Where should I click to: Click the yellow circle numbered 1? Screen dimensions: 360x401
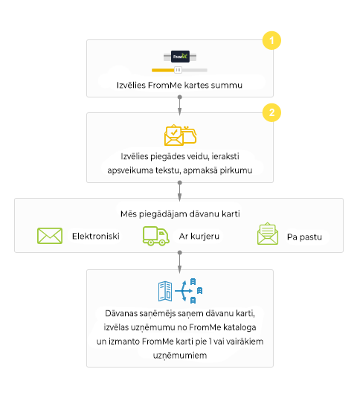(x=271, y=40)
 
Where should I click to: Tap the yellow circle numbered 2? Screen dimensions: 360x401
(x=271, y=112)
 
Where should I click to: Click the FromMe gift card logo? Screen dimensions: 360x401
(x=180, y=57)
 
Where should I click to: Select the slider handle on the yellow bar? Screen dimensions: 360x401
(x=178, y=70)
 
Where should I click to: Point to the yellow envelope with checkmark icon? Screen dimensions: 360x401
(x=173, y=135)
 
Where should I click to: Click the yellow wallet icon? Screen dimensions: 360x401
(x=189, y=135)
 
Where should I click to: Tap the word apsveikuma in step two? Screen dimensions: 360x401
(x=130, y=170)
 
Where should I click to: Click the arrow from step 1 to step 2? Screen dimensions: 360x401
(x=180, y=106)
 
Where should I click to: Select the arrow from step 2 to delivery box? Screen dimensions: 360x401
(x=180, y=191)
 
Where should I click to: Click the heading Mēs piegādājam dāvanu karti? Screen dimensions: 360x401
(x=180, y=214)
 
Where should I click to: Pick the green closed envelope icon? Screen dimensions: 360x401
(x=50, y=236)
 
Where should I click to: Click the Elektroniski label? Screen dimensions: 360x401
(x=96, y=236)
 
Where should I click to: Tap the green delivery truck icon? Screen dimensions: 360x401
(x=155, y=236)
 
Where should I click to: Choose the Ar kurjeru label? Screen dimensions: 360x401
(x=199, y=237)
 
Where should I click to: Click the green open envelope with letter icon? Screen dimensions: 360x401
(x=268, y=234)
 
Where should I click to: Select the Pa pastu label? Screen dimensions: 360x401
(x=304, y=237)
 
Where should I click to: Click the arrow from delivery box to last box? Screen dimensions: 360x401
(x=180, y=262)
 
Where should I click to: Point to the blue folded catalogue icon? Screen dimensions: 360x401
(x=165, y=292)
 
